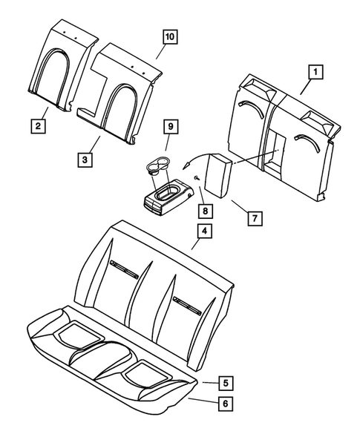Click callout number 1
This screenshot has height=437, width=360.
tap(315, 72)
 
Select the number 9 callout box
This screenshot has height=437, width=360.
tap(170, 128)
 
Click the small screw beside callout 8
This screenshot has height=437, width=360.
tap(195, 178)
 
